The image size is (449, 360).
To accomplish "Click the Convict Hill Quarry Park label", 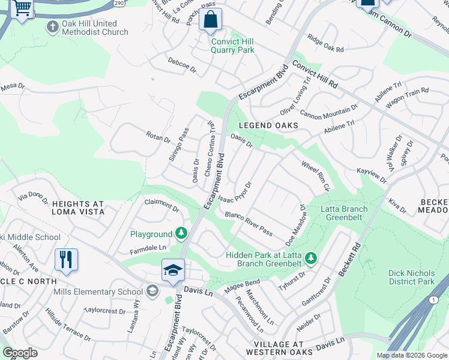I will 232,46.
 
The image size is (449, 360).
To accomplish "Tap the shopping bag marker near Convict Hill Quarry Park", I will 211,20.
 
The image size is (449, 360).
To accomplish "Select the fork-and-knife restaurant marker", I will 66,260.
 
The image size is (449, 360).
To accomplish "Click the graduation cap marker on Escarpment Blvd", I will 173,271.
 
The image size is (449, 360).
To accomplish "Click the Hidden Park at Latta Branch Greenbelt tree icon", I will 310,259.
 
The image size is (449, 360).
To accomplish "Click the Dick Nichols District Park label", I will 411,277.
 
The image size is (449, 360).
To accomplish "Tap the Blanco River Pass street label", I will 249,224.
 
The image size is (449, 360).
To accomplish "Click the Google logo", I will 20,353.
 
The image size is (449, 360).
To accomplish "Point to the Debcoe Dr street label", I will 182,65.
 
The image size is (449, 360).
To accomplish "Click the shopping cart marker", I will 22,8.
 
